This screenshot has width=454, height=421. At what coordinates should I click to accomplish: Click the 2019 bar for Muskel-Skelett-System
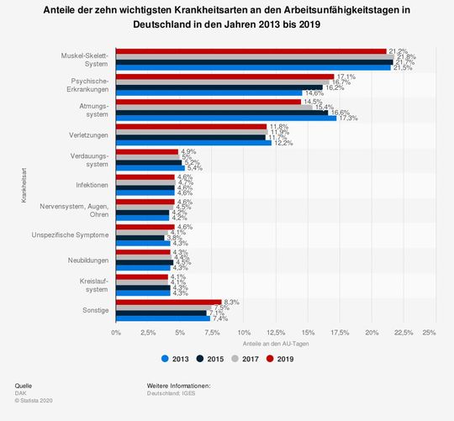251,51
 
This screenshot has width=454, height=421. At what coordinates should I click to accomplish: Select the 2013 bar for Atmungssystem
225,118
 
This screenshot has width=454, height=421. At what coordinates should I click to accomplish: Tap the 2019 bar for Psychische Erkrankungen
224,76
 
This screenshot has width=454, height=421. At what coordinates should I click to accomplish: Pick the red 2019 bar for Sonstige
168,302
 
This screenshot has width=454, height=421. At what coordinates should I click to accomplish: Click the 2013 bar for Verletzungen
193,143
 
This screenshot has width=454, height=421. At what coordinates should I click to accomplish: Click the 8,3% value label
233,302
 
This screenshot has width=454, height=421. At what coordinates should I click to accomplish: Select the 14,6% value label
314,93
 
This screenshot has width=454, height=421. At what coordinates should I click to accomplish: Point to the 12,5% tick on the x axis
272,333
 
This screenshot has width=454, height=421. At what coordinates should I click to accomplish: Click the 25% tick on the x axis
429,333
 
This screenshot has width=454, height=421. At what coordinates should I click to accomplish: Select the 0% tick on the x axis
116,333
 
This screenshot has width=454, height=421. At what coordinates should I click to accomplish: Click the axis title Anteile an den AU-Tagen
272,345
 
